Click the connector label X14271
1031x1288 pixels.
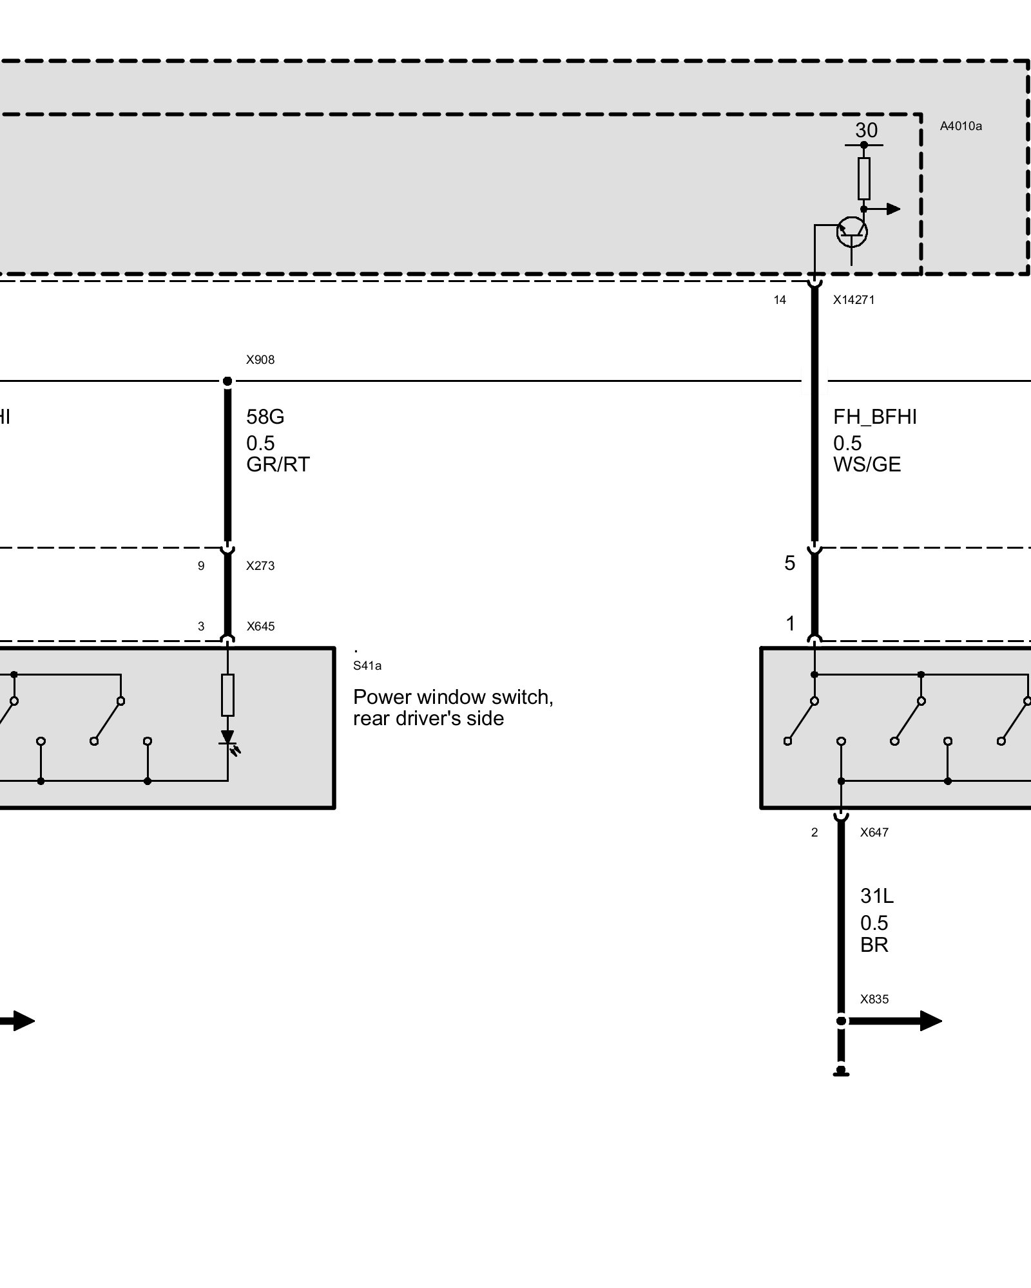[853, 299]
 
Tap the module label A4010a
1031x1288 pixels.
[961, 126]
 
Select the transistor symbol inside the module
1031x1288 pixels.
[851, 232]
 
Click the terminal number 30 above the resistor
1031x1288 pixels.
[866, 131]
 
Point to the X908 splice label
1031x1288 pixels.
[260, 360]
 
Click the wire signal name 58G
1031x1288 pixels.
[265, 417]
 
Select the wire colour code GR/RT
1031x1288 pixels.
[278, 464]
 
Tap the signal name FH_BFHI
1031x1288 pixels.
[874, 417]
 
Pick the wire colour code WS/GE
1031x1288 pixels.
[867, 464]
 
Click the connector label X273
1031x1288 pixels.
[260, 566]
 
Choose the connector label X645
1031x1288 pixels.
[260, 627]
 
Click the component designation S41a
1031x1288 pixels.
[367, 666]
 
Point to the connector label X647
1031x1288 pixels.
[874, 833]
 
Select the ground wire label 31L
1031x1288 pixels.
[876, 896]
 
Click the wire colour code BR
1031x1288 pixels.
[874, 945]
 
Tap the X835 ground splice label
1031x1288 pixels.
[874, 999]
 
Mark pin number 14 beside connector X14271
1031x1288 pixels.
[780, 300]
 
